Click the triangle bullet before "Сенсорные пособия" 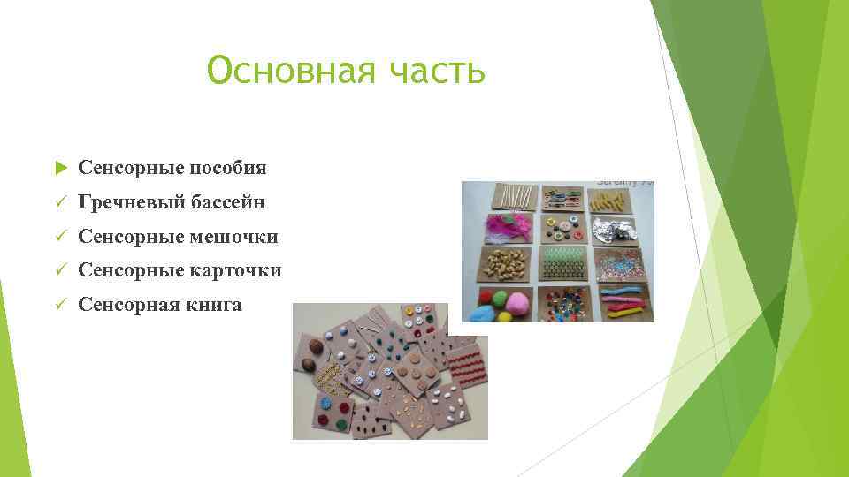[x=60, y=168]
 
